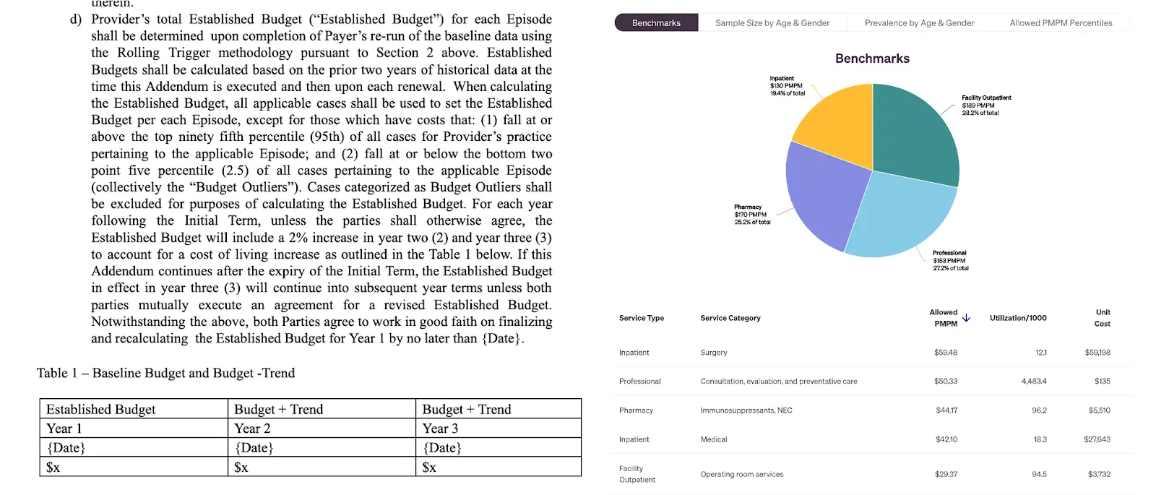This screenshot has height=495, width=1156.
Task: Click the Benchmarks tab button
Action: coord(656,23)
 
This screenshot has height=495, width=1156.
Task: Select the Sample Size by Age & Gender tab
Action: coord(772,23)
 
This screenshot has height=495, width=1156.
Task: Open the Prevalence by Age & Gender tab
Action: coord(919,23)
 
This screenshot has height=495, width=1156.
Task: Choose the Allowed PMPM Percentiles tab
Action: coord(1061,23)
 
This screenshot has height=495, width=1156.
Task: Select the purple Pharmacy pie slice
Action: coord(824,195)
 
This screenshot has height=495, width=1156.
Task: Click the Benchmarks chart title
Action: coord(872,59)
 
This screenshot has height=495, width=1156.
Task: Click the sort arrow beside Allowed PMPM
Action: coord(966,318)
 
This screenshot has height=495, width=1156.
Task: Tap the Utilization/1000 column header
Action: coord(1017,318)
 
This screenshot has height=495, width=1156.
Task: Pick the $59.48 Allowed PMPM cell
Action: coord(945,353)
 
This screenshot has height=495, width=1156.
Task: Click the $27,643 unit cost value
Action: coord(1097,439)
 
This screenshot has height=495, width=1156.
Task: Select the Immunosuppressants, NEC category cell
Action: coord(746,410)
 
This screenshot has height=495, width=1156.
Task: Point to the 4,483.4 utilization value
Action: coord(1033,382)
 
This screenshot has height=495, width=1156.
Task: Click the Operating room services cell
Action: coord(741,475)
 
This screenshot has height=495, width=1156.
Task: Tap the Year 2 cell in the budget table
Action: coord(252,429)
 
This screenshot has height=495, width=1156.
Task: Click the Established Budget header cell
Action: coord(101,410)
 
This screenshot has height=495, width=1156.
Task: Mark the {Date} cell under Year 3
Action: coord(442,448)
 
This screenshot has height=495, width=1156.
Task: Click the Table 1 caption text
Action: coord(166,373)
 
